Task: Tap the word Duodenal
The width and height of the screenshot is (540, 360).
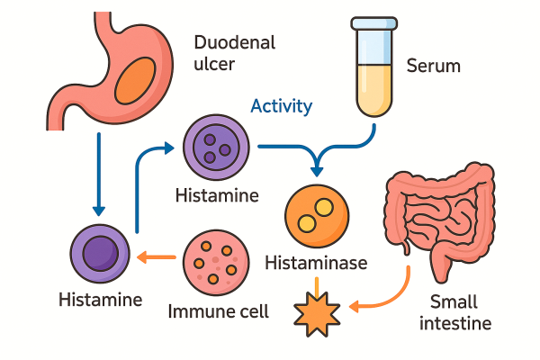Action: (234, 42)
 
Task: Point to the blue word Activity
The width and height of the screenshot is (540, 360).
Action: (282, 106)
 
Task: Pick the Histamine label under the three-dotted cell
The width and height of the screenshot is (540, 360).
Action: (217, 195)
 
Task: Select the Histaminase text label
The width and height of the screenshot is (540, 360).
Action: (316, 264)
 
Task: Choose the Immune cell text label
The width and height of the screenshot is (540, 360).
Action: (218, 312)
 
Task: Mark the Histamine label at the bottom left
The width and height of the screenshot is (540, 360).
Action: (100, 298)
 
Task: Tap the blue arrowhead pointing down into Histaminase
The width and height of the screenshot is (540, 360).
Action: (316, 168)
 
